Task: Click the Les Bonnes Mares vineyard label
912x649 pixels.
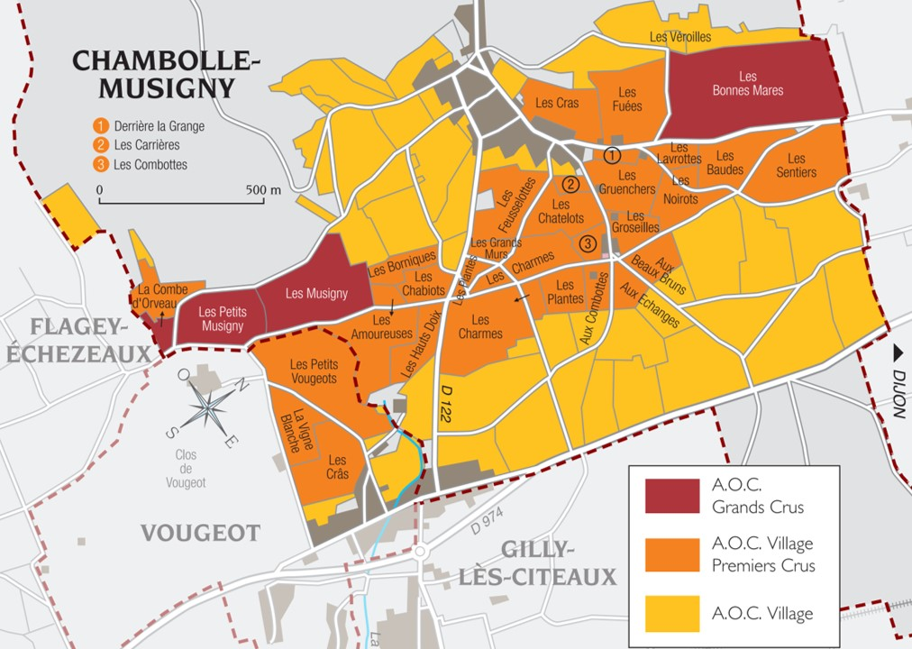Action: (747, 84)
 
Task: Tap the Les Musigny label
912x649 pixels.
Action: (316, 293)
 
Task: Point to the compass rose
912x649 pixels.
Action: (209, 408)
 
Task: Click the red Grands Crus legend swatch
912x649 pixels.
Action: (672, 497)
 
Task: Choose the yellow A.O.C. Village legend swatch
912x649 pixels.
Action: (672, 613)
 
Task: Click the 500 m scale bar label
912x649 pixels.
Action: (263, 190)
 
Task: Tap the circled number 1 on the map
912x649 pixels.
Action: (613, 155)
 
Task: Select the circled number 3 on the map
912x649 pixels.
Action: (588, 243)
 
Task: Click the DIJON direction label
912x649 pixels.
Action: (898, 383)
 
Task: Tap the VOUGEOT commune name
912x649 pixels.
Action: (200, 533)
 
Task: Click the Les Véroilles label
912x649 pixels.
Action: (679, 37)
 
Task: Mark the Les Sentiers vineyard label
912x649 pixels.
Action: (796, 166)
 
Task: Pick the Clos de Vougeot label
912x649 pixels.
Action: (186, 469)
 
